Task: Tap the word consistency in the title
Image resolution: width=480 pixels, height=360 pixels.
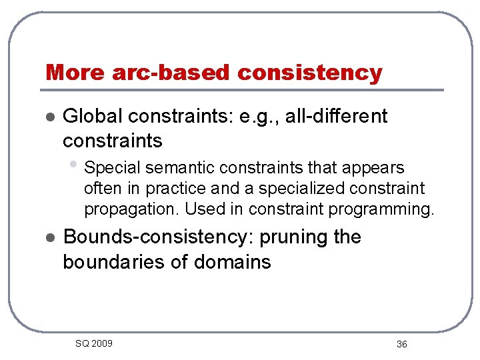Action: tap(309, 72)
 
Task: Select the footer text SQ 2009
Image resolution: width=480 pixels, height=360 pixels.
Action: tap(93, 343)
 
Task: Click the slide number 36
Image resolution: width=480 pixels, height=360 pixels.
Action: tap(401, 344)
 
